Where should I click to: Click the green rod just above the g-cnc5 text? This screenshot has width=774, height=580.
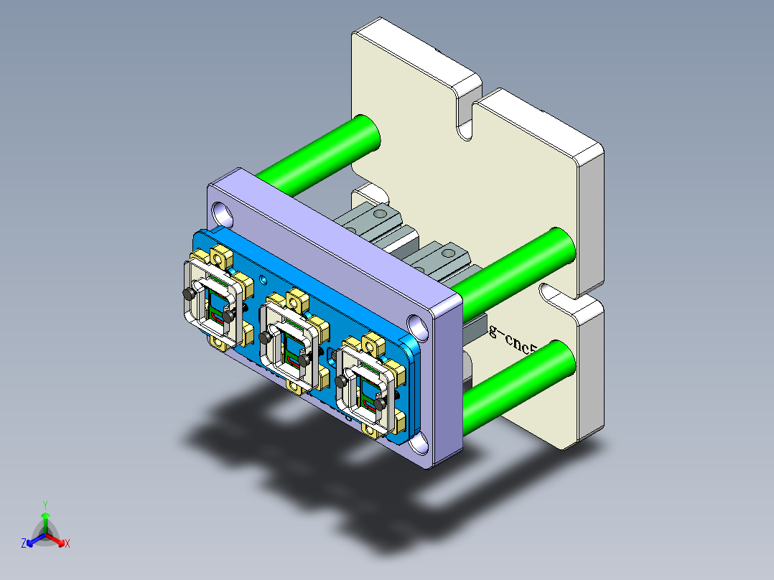click(514, 266)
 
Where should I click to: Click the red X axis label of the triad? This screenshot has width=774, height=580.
click(67, 544)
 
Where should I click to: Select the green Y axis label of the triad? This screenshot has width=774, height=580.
click(45, 505)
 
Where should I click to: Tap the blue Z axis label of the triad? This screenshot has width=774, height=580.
click(24, 544)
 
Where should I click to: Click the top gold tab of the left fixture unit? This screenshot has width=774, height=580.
click(220, 255)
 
